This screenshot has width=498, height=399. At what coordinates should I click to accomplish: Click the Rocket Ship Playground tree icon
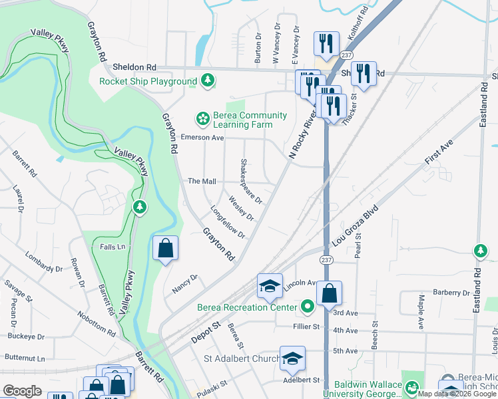point(208,81)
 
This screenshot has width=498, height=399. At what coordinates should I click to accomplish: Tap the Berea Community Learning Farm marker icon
point(202,119)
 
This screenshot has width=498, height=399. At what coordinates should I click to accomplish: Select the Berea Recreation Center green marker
point(307,307)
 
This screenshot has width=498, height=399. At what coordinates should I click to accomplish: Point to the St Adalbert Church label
point(241,359)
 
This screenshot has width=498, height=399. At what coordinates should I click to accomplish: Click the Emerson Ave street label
point(202,137)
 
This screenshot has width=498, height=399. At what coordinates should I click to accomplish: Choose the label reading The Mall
point(202,181)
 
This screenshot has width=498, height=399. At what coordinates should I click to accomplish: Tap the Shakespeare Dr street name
point(252,181)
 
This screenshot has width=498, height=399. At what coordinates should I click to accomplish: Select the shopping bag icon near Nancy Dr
point(166,249)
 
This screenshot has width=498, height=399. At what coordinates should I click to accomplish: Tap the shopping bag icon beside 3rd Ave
point(330,293)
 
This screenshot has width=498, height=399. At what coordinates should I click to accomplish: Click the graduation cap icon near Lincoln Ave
point(270,286)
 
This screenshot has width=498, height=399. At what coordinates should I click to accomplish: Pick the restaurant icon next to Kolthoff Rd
point(326,45)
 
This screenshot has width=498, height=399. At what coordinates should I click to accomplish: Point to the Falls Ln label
point(112,247)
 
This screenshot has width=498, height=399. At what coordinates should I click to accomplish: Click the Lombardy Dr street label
point(43,261)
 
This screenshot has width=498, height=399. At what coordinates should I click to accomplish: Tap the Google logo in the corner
point(22,390)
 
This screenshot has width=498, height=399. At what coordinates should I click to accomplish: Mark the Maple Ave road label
point(421,312)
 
